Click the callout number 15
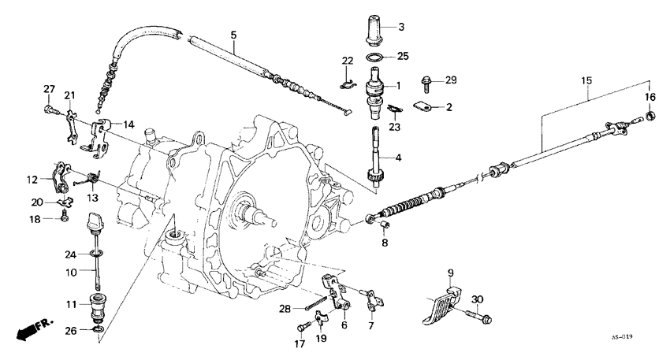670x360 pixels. coord(586,81)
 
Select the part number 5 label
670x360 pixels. coord(233,35)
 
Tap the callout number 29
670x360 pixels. coord(452,80)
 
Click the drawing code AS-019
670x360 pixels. coord(623,335)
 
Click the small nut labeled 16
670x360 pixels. coord(651,117)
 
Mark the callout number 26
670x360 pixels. coord(70,330)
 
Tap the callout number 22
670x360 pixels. coord(348,61)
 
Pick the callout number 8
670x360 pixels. coord(385,243)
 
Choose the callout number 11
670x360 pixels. coord(70,304)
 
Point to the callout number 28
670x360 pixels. coord(284,308)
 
